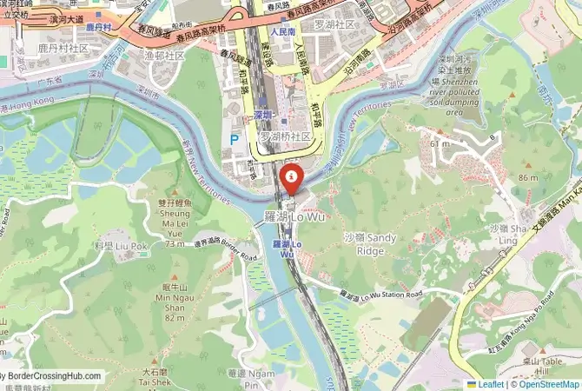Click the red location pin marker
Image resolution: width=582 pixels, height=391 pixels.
[x=290, y=180]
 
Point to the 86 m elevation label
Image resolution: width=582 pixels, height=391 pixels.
[x=528, y=177]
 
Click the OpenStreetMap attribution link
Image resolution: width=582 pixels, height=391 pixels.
[x=547, y=383]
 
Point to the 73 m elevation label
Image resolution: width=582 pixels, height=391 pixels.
[x=175, y=244]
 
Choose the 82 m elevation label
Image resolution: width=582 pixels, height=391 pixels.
[x=175, y=318]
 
